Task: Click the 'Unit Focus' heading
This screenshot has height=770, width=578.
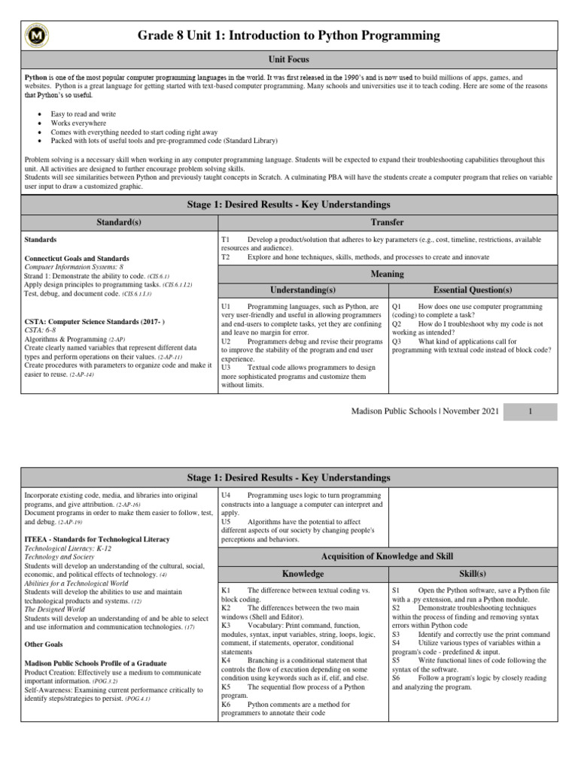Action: point(289,59)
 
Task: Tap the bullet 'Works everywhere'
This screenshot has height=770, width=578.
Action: point(78,123)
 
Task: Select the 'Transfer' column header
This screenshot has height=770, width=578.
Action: point(387,223)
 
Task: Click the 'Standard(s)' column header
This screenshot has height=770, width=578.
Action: point(119,223)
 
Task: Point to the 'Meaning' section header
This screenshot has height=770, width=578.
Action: point(387,274)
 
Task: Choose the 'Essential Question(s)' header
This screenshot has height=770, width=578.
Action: point(473,290)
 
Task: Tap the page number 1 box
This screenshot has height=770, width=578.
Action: point(530,411)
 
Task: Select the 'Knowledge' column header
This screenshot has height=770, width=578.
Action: point(303,574)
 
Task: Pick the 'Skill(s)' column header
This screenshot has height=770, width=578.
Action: point(473,574)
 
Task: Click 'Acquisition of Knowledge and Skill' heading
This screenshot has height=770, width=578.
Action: point(387,556)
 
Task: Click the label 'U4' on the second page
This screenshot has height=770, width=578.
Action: point(226,495)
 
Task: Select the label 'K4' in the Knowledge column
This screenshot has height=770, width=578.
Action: point(226,660)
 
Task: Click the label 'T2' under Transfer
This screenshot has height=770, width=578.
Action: point(225,257)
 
